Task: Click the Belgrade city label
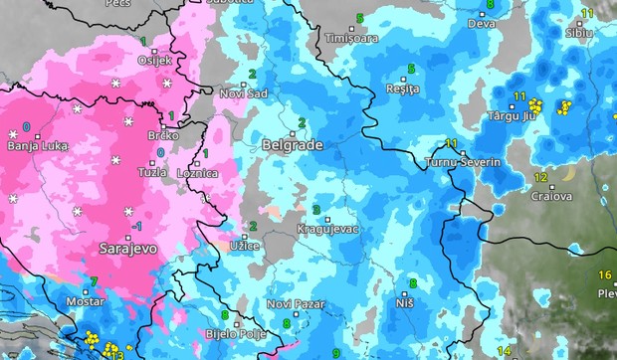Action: (292, 145)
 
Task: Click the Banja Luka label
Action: (37, 146)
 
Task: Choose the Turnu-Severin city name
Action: (464, 161)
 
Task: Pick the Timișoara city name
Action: (351, 38)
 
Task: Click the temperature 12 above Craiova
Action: (540, 178)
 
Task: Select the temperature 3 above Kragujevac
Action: (316, 210)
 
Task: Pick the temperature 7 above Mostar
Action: (94, 281)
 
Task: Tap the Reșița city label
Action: (402, 89)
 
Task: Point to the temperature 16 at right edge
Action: (604, 274)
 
